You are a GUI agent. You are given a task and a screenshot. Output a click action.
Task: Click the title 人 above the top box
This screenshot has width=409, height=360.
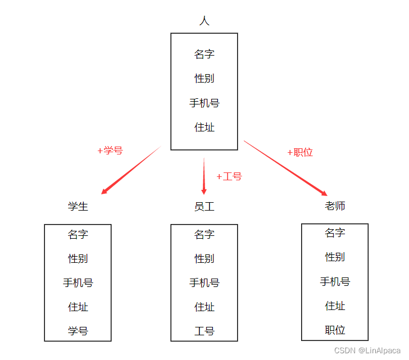[x=204, y=21]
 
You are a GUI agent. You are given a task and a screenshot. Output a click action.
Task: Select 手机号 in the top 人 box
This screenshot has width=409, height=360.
[x=204, y=103]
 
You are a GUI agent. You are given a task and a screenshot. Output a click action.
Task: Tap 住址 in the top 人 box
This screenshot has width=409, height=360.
[x=204, y=127]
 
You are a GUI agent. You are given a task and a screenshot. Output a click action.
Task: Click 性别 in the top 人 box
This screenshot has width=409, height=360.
[x=204, y=79]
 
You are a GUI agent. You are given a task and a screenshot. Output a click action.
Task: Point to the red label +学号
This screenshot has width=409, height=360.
[x=110, y=151]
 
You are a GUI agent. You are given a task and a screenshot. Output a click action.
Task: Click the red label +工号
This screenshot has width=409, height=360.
[x=229, y=176]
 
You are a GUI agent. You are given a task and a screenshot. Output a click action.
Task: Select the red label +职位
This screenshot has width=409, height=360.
[x=300, y=152]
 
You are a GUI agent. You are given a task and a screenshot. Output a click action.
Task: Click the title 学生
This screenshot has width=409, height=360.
[x=78, y=206]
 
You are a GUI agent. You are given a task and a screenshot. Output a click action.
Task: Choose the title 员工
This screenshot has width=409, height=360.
[x=204, y=207]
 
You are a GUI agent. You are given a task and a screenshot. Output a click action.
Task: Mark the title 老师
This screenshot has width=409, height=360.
[x=335, y=206]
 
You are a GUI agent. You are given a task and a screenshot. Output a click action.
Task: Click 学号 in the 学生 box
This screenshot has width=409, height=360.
[x=78, y=331]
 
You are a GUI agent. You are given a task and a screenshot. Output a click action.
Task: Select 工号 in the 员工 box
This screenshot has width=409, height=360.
[x=204, y=331]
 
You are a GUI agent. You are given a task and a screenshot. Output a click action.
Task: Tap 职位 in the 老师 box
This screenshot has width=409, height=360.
[x=335, y=330]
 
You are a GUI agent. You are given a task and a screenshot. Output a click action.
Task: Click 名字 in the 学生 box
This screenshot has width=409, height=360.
[x=78, y=234]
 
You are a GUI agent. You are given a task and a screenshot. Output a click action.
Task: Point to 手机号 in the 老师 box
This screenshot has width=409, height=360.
[x=335, y=281]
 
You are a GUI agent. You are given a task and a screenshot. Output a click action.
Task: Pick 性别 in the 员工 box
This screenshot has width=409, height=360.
[x=204, y=258]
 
